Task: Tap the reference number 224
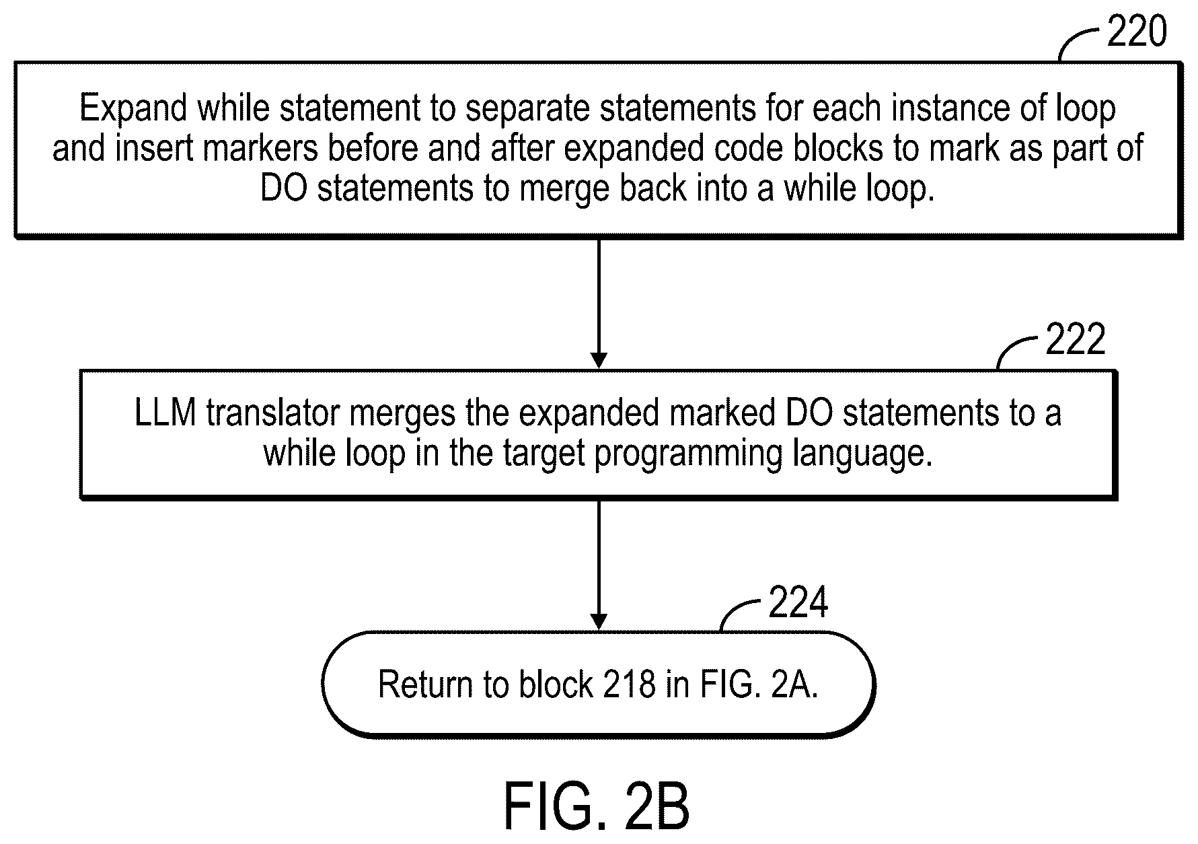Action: coord(798,602)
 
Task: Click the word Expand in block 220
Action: coord(133,109)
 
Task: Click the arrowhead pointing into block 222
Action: coord(599,361)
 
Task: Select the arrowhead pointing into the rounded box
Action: coord(599,623)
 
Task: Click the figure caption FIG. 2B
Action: coord(596,806)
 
